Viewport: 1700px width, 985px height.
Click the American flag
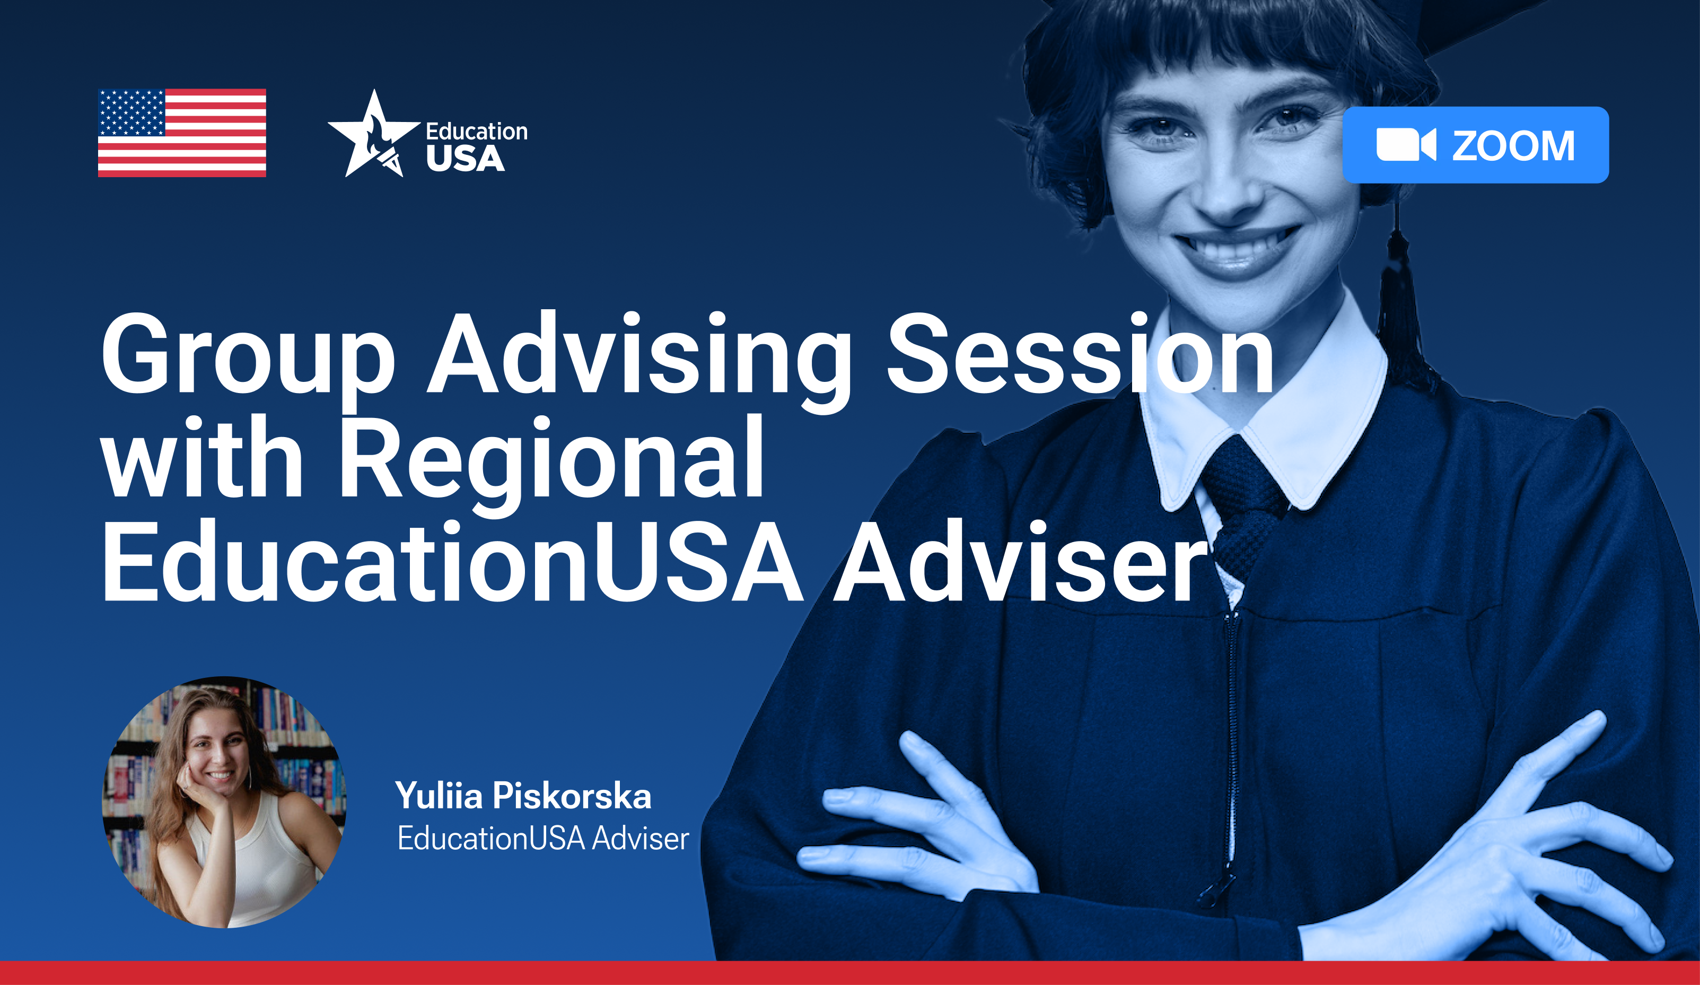[x=182, y=133]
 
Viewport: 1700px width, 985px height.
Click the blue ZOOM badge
[x=1475, y=145]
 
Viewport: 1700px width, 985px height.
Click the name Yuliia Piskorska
[x=523, y=796]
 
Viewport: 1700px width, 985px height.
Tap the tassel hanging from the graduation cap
[x=1403, y=310]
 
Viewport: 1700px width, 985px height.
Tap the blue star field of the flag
[x=132, y=112]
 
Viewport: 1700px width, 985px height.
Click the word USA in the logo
[x=466, y=159]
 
